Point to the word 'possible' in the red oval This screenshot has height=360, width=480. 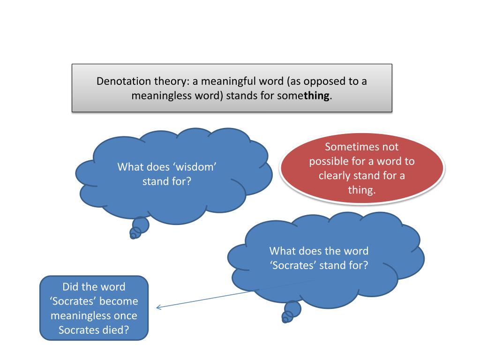pyautogui.click(x=329, y=161)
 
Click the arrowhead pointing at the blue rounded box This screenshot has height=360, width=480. pyautogui.click(x=158, y=307)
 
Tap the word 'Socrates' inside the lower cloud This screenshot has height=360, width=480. pyautogui.click(x=293, y=265)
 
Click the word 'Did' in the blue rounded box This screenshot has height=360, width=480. pyautogui.click(x=71, y=287)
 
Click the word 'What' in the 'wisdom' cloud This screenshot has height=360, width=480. pyautogui.click(x=131, y=167)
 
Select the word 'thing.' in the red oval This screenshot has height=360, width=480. pyautogui.click(x=361, y=190)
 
